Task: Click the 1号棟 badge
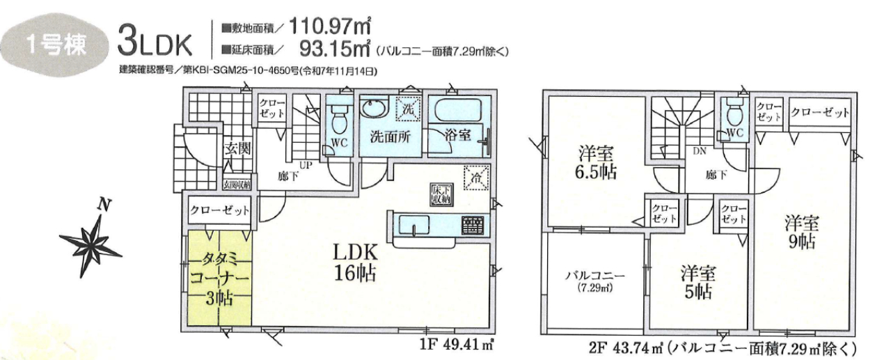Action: click(x=56, y=45)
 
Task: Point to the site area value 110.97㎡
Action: click(x=330, y=26)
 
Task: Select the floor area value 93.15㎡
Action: click(x=335, y=49)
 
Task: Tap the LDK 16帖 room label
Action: click(x=355, y=262)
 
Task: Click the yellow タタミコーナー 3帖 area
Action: click(x=219, y=278)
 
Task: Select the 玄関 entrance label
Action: click(x=237, y=148)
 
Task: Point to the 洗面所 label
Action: click(x=391, y=136)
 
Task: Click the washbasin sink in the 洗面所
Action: click(x=374, y=108)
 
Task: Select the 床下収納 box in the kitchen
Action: click(x=441, y=195)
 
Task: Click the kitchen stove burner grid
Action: click(x=473, y=226)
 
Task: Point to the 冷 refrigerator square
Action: click(x=476, y=178)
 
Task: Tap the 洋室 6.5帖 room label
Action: click(x=595, y=162)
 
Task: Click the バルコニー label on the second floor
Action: click(x=595, y=275)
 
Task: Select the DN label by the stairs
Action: click(x=700, y=151)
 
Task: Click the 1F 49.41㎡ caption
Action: click(x=456, y=345)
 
